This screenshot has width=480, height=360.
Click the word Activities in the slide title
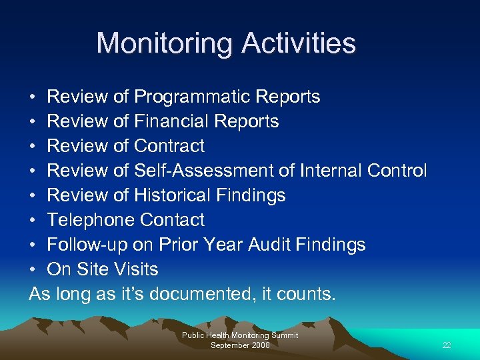299,44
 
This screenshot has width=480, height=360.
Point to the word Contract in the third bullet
169,146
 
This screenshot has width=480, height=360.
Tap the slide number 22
447,345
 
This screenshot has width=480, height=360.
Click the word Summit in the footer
283,335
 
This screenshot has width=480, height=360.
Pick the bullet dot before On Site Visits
33,270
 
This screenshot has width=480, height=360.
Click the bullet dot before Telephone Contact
33,221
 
